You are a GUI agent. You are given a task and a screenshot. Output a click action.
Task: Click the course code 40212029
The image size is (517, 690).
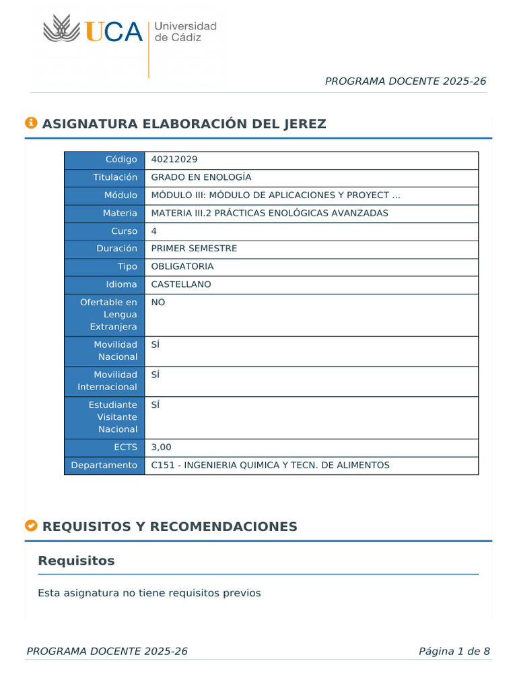[x=174, y=160]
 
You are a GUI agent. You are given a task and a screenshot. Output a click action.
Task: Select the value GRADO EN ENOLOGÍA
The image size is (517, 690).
[x=201, y=177]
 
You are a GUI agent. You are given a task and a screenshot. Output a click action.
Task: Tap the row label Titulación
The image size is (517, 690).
[x=115, y=177]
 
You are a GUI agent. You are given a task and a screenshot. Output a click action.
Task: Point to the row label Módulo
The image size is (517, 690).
[x=119, y=195]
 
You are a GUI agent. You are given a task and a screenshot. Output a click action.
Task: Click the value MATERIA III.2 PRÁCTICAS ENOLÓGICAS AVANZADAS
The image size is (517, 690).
[x=270, y=213]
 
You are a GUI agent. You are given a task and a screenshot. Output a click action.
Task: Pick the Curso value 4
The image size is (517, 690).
[x=154, y=231]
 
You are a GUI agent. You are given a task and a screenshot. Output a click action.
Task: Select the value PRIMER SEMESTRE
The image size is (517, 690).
[x=194, y=249]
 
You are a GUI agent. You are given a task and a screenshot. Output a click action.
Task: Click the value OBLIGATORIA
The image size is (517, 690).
[x=182, y=266]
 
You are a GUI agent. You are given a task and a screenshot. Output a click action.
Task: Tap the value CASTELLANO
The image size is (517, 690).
[x=181, y=284]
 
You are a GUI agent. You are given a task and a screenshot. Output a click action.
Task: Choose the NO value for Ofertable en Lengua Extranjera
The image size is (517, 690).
[x=158, y=303]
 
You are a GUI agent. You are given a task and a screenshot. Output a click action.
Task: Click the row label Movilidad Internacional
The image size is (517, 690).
[x=107, y=381]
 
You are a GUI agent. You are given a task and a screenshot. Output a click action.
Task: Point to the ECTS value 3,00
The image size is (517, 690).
[x=162, y=447]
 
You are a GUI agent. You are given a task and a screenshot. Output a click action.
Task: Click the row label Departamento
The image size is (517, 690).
[x=105, y=465]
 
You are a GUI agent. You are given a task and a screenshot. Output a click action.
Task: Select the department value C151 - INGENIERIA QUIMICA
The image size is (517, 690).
[x=270, y=465]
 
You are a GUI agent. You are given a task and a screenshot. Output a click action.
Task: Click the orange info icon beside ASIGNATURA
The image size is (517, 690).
[x=31, y=123]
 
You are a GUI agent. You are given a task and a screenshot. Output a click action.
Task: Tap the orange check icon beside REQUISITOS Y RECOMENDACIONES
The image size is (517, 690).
[x=31, y=526]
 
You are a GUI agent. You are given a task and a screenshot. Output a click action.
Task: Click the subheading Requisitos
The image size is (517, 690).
[x=76, y=561]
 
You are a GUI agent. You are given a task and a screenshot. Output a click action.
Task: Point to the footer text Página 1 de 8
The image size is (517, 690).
[x=454, y=651]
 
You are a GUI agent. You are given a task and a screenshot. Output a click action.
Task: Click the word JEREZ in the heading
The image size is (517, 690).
[x=304, y=124]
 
